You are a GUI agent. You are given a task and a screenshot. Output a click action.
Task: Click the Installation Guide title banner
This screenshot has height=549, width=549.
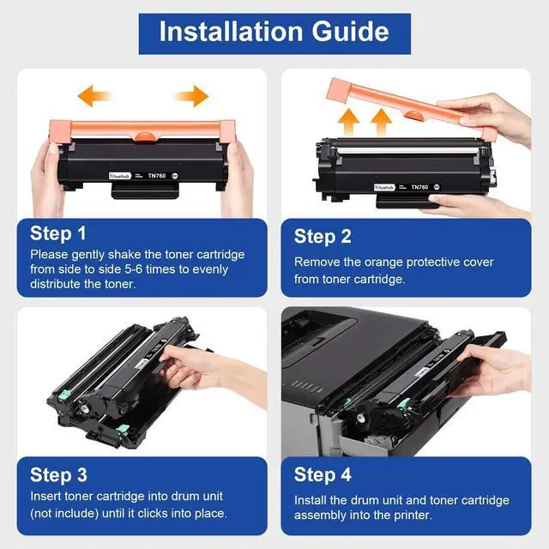point(274,34)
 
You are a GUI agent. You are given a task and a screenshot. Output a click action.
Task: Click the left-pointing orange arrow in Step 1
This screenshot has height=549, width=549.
point(94,95)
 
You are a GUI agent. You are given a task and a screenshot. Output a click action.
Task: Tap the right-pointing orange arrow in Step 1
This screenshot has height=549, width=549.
point(191,95)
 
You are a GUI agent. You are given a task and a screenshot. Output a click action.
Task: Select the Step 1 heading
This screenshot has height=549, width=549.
point(57,233)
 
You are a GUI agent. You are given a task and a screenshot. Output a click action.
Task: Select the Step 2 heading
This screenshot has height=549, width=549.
point(323,237)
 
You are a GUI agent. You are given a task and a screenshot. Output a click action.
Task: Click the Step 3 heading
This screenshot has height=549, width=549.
point(58,475)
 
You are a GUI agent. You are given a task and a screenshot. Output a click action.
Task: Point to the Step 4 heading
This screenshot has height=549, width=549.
point(323,475)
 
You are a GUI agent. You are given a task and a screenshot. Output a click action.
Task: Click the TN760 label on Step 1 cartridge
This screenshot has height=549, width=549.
point(156,176)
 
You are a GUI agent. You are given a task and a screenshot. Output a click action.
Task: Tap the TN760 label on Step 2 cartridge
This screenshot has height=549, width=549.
point(419,187)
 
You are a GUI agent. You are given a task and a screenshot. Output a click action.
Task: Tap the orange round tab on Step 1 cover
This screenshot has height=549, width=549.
point(144,136)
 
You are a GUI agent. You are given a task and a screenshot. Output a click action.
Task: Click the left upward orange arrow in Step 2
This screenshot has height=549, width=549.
point(348,122)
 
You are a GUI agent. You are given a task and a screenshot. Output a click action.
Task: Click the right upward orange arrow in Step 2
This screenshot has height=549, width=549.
point(381,122)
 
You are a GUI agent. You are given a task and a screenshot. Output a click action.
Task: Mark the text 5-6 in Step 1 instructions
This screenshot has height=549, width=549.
point(134,269)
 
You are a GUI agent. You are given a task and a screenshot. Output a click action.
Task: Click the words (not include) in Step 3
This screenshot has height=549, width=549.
point(64,513)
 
